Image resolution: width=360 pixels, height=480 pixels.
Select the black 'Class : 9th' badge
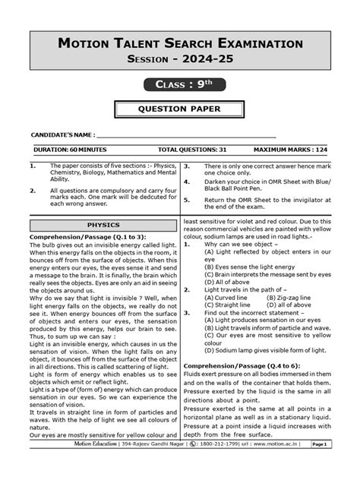180,85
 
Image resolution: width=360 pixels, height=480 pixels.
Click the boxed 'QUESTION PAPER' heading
180,110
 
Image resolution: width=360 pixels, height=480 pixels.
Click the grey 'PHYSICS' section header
104,226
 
